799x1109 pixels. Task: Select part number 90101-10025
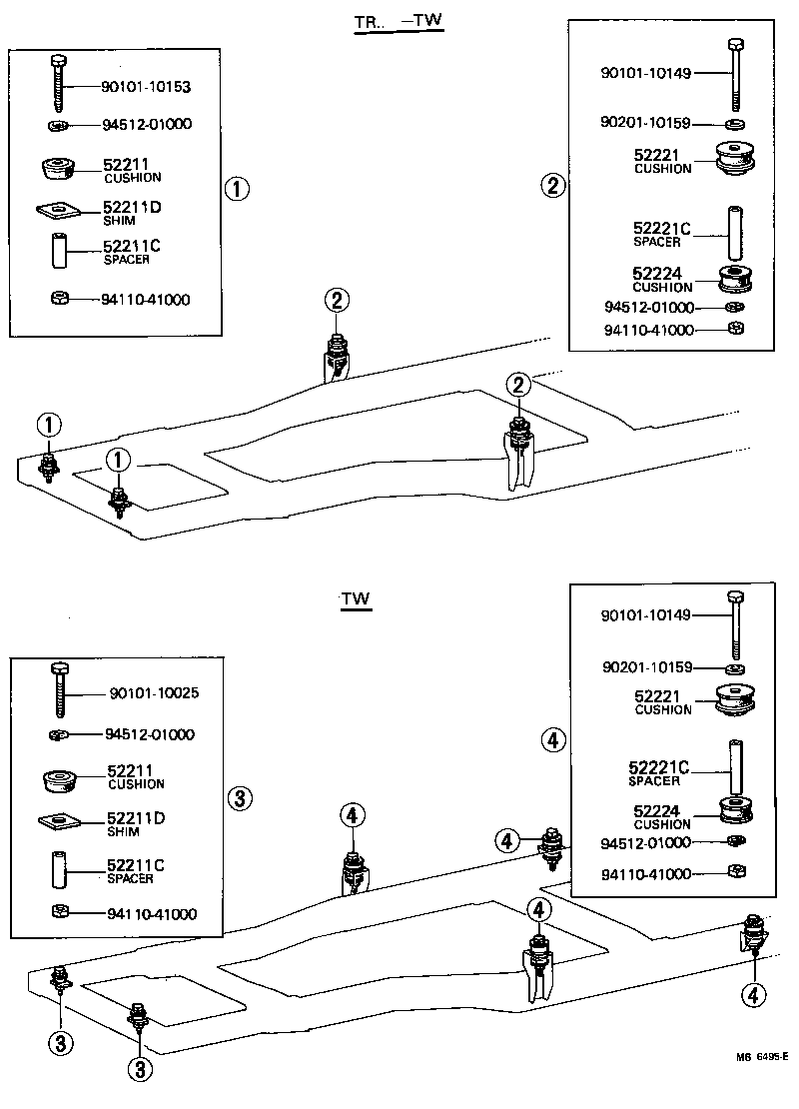(152, 693)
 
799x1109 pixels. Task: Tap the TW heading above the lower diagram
(356, 599)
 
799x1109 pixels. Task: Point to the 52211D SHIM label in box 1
(132, 212)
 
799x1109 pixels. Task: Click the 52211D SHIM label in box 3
(135, 823)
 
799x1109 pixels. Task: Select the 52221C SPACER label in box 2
(661, 234)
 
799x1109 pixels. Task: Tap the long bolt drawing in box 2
(735, 71)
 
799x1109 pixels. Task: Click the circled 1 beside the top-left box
(237, 188)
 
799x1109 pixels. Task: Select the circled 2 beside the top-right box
(553, 184)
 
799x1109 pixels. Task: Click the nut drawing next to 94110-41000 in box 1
(59, 298)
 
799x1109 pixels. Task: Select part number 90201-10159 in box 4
(645, 666)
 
